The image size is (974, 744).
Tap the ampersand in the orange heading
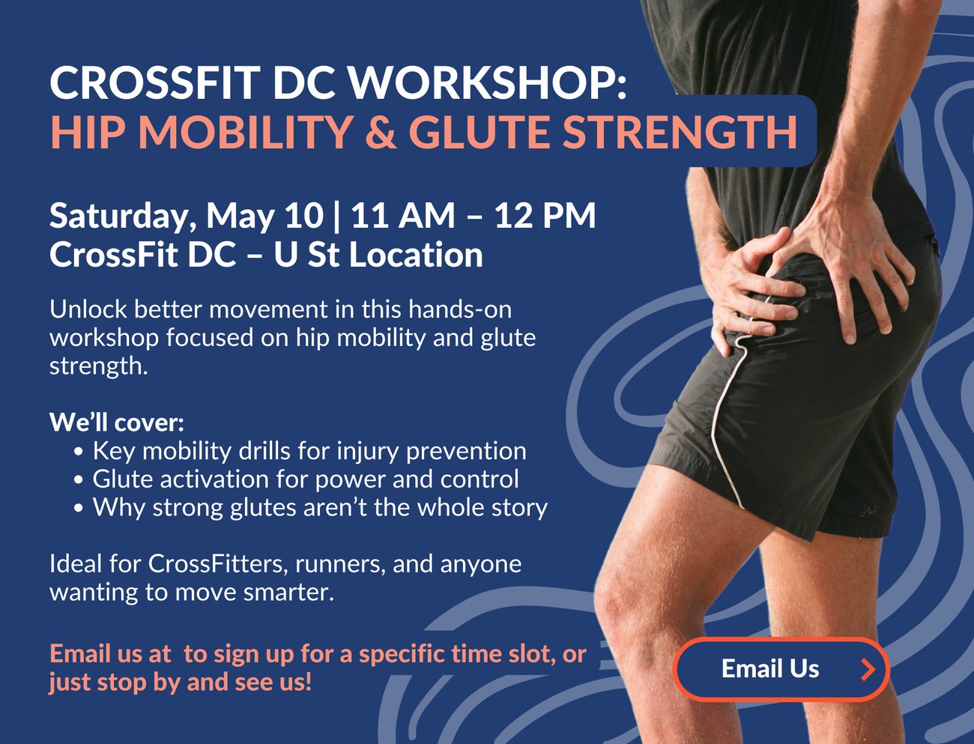(x=381, y=132)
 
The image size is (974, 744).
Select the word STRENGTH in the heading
(x=680, y=132)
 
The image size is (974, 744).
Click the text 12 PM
(x=545, y=216)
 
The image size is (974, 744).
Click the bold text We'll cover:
(x=117, y=422)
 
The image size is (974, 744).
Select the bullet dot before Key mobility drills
(x=79, y=452)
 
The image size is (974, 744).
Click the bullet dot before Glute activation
(x=79, y=480)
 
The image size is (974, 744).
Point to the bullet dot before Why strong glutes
(x=79, y=509)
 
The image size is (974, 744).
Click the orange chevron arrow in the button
(x=868, y=670)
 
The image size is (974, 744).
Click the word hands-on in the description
(x=460, y=309)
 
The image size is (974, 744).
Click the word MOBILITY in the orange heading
(x=246, y=132)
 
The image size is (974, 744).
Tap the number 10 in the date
(x=304, y=216)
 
